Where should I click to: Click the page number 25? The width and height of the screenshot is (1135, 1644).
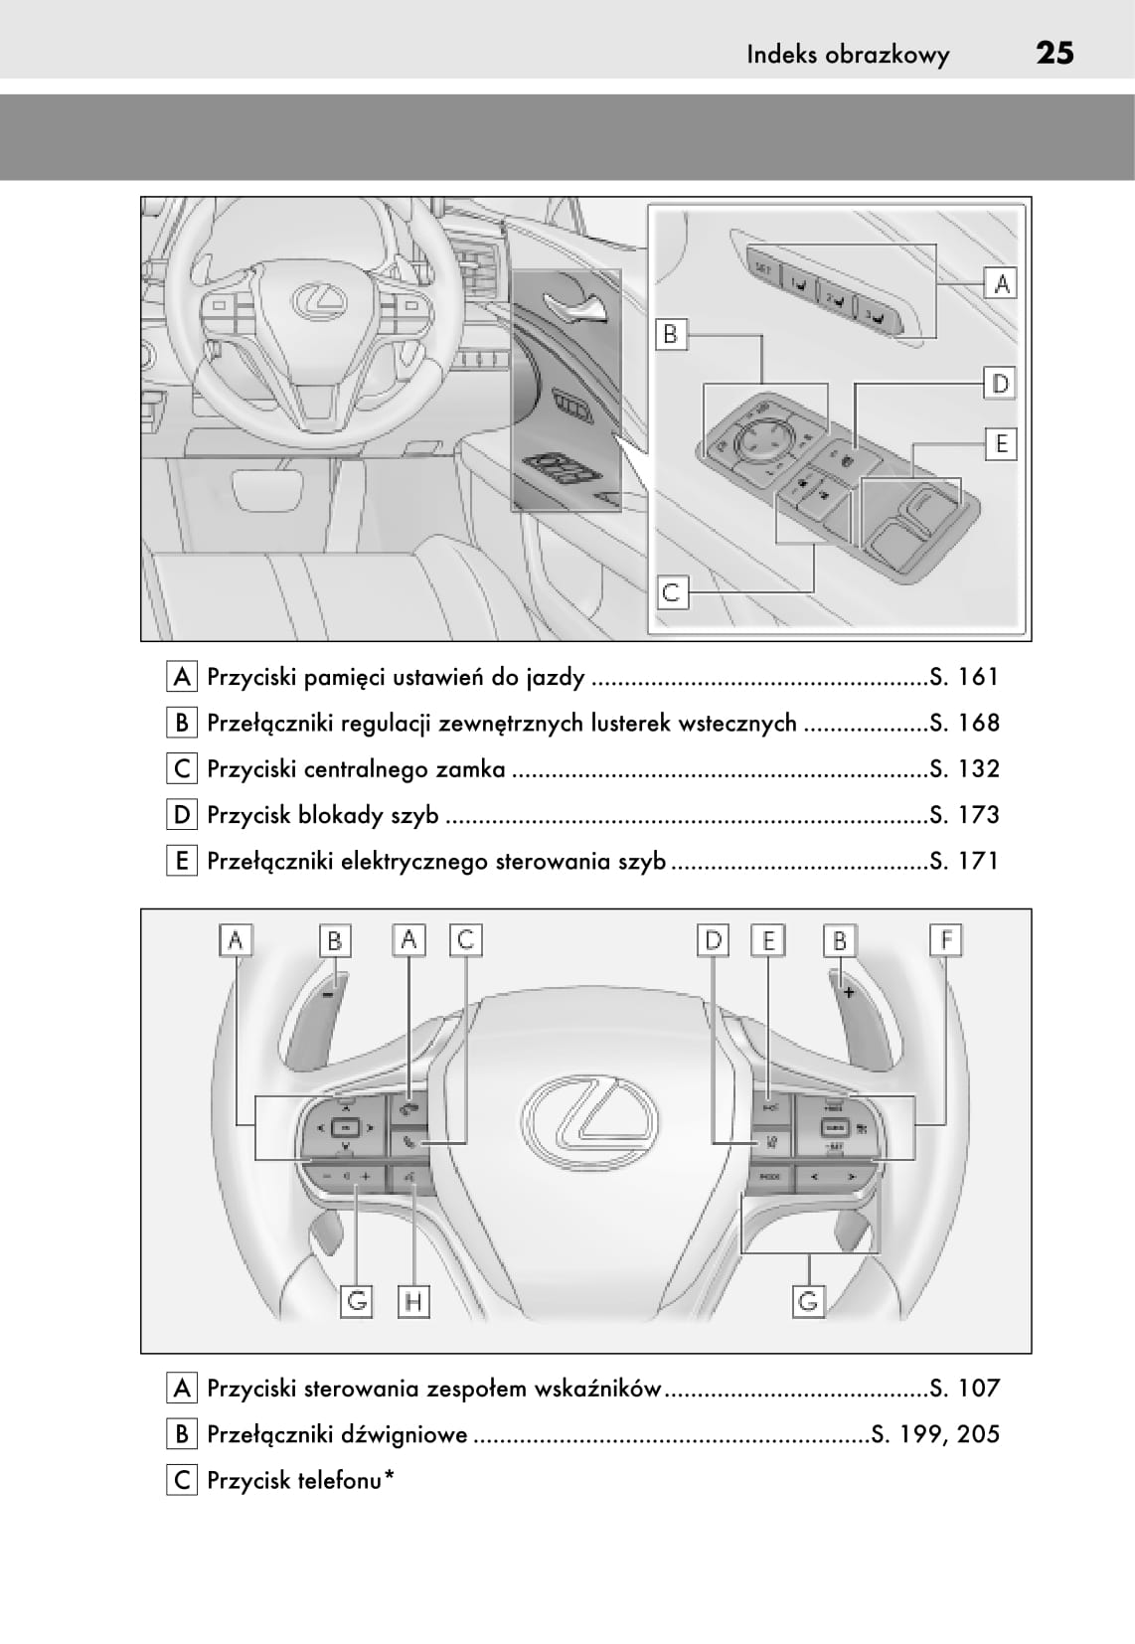point(1054,53)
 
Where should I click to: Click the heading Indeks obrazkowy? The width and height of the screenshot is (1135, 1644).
point(848,55)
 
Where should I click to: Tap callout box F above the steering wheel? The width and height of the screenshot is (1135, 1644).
point(945,939)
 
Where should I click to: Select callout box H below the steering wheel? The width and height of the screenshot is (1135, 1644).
point(413,1300)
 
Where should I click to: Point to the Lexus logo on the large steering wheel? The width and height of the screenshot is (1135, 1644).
point(589,1121)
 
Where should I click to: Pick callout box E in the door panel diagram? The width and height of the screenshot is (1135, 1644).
point(1001,443)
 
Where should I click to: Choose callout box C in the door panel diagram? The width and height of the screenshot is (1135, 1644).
point(672,593)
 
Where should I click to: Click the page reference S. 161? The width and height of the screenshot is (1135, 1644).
point(964,677)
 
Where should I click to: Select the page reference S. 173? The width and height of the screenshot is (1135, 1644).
point(964,815)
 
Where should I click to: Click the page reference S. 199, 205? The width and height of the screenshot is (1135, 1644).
point(935,1434)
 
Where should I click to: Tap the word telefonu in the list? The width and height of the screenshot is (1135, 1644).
point(344,1480)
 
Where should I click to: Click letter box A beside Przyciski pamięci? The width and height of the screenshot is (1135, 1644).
point(181,677)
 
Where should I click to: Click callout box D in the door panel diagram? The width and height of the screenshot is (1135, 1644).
point(1000,384)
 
